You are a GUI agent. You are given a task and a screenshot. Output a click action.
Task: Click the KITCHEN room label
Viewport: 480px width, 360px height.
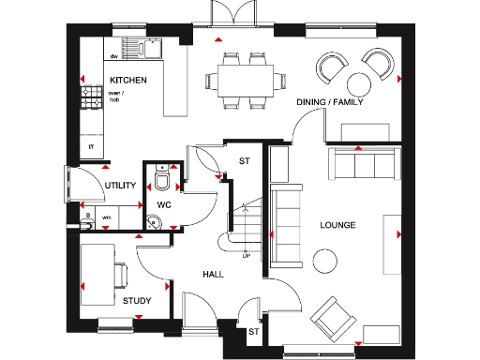point(128,82)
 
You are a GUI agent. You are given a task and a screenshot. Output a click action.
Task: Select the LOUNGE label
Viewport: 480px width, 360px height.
point(337,225)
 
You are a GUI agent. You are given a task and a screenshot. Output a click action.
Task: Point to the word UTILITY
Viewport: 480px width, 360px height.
point(121,186)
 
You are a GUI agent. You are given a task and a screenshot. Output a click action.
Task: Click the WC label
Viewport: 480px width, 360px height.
point(162,203)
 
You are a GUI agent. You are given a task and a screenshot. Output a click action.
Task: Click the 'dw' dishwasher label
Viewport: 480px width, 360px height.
point(112,56)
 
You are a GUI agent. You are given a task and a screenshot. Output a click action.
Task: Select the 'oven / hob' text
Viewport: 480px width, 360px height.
point(115,97)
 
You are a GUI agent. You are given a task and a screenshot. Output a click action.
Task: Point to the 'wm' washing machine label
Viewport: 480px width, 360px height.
point(106,217)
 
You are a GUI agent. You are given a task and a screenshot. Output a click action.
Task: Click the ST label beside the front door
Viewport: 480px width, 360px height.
point(253,331)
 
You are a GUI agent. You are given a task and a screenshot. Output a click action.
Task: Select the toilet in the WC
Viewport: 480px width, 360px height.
point(163,178)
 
